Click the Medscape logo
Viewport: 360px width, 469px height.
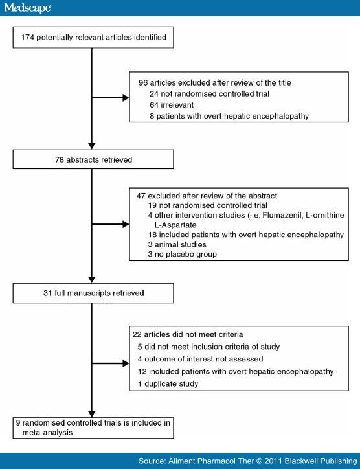27,8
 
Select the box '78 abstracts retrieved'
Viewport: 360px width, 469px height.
93,159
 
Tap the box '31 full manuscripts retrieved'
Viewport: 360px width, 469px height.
93,293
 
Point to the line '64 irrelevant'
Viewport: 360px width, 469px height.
172,105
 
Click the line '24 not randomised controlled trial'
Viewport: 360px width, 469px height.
209,94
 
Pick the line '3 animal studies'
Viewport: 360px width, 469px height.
177,244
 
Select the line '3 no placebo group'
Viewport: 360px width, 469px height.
183,254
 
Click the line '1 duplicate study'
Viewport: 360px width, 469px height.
168,383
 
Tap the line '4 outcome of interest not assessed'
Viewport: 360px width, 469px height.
200,359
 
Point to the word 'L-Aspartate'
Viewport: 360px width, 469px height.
175,225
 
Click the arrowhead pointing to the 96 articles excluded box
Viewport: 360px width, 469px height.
126,98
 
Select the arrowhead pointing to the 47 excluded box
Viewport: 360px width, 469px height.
126,224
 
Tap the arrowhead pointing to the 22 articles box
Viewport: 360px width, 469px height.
126,363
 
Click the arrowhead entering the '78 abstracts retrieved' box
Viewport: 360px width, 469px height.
92,146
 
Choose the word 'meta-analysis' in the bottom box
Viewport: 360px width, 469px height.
47,433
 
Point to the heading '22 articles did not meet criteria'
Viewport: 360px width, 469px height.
188,334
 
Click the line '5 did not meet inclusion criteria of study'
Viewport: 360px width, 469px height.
208,347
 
